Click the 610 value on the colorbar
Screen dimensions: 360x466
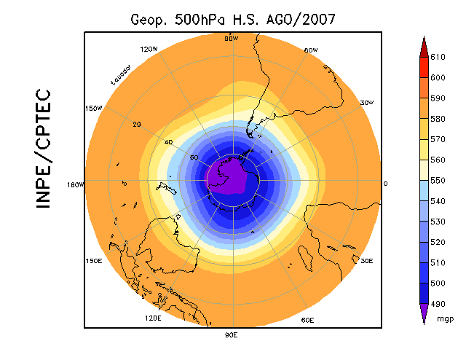point(438,57)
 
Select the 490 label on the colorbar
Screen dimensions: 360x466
point(438,303)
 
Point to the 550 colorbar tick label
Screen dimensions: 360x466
point(438,180)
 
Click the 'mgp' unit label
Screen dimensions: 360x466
point(445,318)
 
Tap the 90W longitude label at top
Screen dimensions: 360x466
point(232,39)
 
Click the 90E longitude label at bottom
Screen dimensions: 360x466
point(231,335)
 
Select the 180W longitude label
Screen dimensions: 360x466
point(76,184)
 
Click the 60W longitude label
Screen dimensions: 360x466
point(310,50)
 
